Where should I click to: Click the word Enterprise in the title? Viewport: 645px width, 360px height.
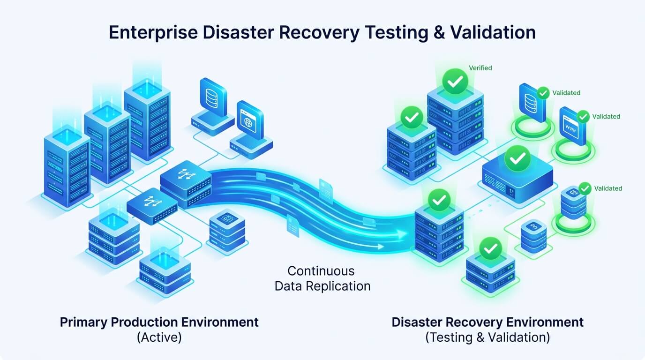point(153,32)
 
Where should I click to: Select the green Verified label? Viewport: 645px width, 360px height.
point(480,68)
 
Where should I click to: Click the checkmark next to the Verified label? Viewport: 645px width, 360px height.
point(455,81)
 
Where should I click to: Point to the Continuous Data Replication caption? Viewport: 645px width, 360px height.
point(322,278)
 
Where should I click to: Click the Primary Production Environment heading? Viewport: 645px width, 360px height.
point(159,322)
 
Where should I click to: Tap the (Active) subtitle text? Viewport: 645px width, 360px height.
point(159,337)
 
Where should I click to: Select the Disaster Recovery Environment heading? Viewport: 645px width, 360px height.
point(487,322)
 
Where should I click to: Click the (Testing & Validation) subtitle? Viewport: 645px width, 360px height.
point(487,337)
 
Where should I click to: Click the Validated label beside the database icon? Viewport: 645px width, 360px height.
point(566,93)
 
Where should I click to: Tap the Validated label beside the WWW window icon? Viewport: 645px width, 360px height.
point(606,116)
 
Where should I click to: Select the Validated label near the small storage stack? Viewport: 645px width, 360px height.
point(608,188)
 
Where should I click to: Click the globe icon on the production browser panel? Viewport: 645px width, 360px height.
point(248,123)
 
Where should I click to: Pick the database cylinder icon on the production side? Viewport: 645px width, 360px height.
point(212,98)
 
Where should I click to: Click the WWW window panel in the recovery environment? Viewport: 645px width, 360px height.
point(572,126)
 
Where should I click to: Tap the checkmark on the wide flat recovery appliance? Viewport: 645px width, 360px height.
point(517,158)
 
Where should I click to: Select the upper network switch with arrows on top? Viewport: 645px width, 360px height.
point(186,183)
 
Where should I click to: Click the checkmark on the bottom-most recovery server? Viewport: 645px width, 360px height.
point(491,248)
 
